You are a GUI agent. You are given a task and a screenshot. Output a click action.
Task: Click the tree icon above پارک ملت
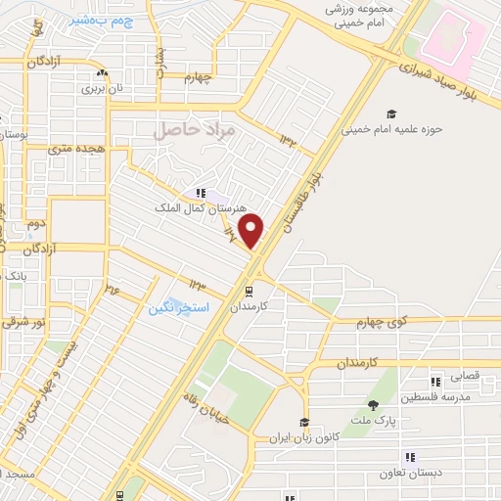pos(373,405)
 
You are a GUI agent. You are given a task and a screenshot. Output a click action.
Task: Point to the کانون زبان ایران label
pos(305,439)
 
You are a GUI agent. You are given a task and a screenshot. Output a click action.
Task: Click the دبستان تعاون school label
pos(440,473)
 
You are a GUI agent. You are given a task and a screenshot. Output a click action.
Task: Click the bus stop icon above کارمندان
pos(250,290)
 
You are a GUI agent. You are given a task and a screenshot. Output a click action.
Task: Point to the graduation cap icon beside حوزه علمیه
pos(391,113)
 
